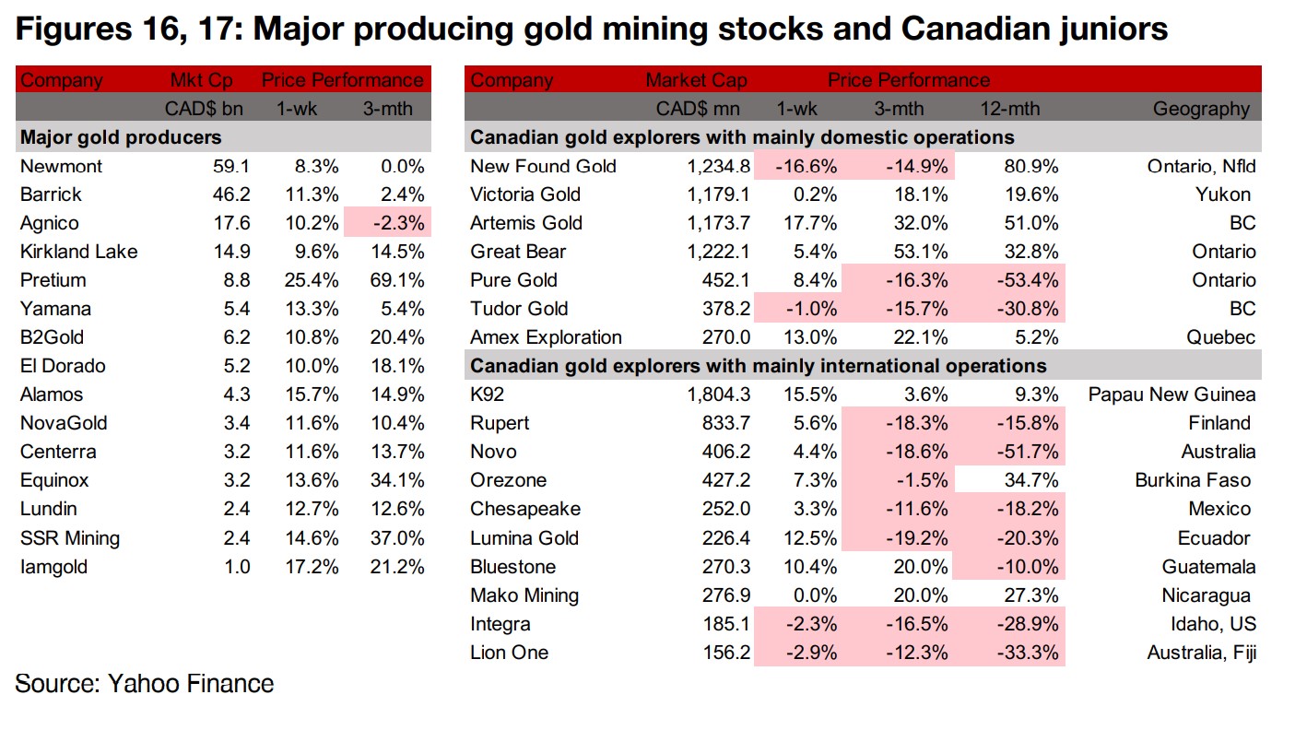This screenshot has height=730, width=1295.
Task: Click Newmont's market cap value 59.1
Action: coord(230,166)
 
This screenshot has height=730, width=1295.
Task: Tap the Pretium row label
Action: coord(53,280)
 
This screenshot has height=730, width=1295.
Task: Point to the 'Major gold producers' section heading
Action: coord(121,137)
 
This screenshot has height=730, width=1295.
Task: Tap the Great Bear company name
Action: coord(517,252)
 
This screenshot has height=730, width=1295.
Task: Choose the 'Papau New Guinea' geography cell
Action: coord(1171,394)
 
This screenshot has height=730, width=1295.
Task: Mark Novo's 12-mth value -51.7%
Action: coord(1028,452)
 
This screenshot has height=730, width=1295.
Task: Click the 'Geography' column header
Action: coord(1201,109)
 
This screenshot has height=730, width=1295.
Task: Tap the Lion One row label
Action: coord(509,653)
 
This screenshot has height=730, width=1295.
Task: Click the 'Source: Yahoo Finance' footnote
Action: coord(145,684)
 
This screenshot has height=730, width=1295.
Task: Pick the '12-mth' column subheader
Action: coord(1009,109)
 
